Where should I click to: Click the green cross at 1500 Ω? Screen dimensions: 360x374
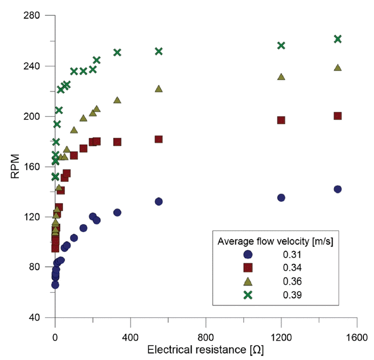(x=338, y=39)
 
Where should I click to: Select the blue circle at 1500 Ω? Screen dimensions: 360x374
(x=338, y=189)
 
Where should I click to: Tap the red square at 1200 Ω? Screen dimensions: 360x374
(x=281, y=120)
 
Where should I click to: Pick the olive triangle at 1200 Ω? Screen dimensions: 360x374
(x=281, y=77)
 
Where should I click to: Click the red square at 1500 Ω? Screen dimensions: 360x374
(x=338, y=116)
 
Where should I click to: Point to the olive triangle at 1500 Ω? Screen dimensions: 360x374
(x=338, y=68)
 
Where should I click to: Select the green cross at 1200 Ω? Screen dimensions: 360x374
(x=281, y=46)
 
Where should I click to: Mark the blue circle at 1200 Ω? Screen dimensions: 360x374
(x=281, y=198)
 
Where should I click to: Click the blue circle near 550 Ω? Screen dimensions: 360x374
(x=159, y=201)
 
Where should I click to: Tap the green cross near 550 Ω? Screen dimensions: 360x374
(x=159, y=51)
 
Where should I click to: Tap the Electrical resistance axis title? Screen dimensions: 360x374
(x=206, y=350)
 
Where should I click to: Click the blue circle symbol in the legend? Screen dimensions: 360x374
(x=248, y=255)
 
